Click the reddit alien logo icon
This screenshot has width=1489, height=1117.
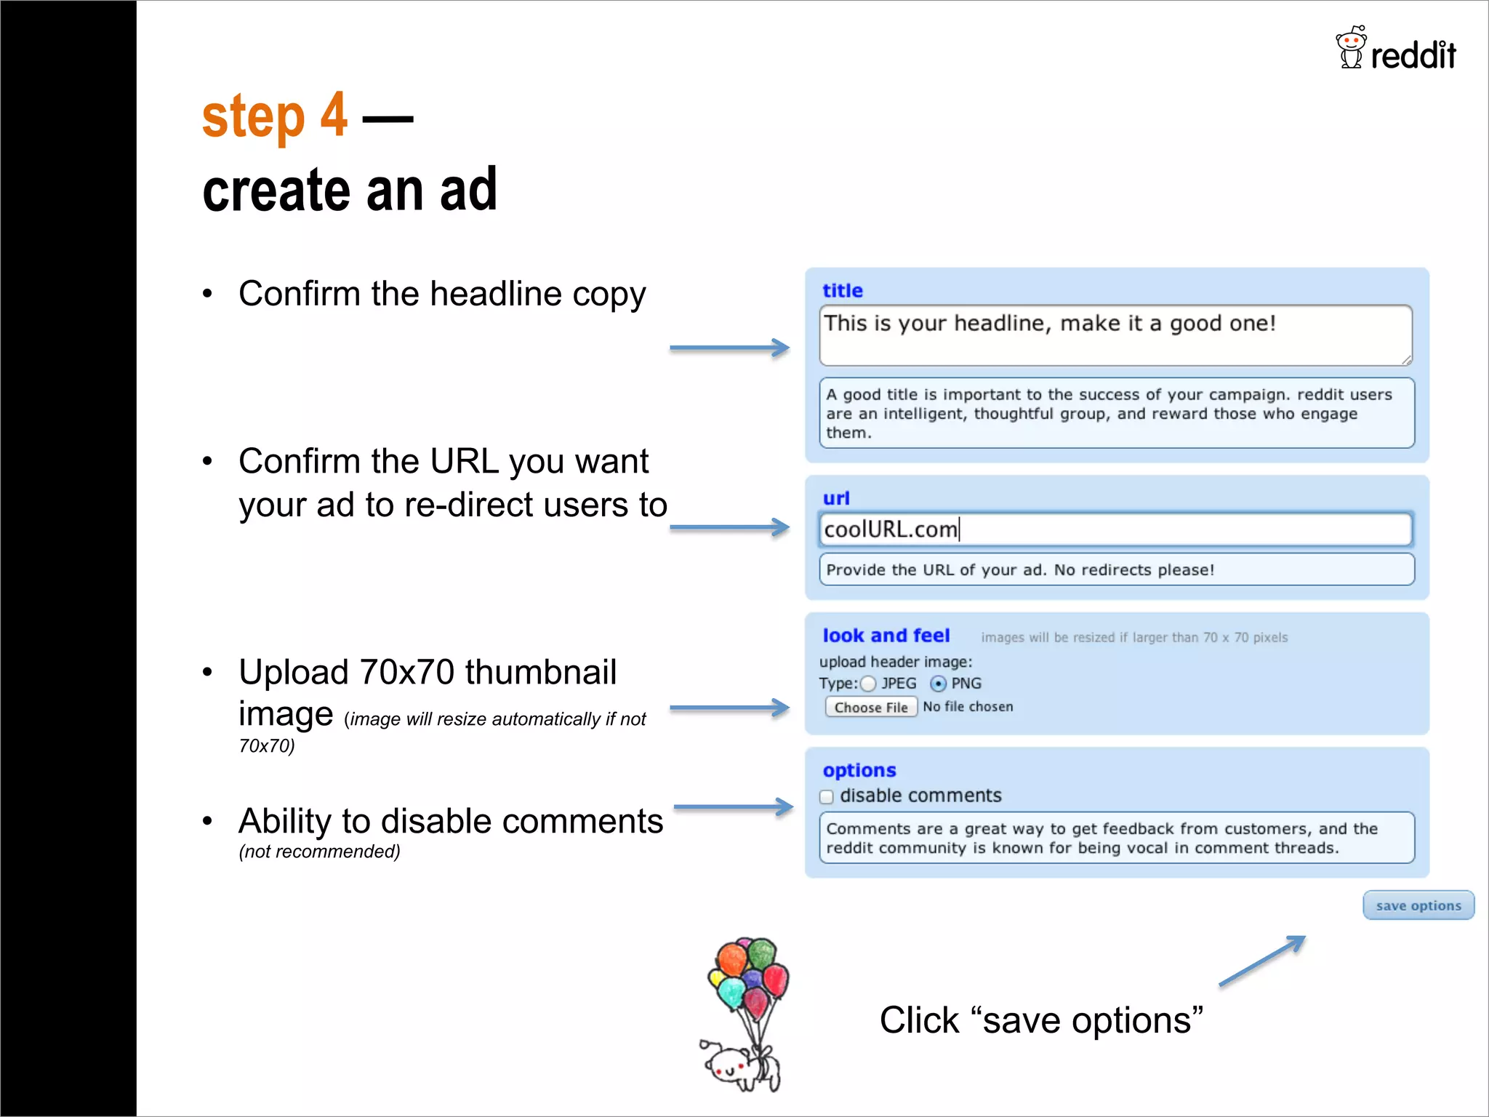point(1350,47)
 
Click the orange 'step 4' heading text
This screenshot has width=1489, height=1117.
point(274,116)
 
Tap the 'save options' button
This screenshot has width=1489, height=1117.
point(1418,905)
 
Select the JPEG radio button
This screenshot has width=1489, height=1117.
point(868,684)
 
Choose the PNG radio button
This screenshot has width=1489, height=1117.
point(938,684)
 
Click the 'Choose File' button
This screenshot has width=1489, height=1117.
point(870,707)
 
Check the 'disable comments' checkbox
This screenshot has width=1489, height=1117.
point(827,796)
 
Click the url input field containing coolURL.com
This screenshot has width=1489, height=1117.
point(1115,529)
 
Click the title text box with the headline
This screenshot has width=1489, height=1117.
point(1115,335)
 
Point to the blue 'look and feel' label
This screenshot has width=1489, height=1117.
point(886,636)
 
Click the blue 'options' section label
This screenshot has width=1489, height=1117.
point(859,770)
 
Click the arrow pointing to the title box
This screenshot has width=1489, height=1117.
point(729,348)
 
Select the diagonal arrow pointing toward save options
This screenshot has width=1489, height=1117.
point(1262,961)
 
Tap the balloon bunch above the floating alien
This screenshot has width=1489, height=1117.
point(749,974)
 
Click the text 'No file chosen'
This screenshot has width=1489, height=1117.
point(968,707)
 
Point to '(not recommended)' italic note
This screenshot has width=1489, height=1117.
point(319,852)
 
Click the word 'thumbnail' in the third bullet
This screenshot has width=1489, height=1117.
point(541,672)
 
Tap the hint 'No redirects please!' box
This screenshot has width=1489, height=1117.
point(1116,569)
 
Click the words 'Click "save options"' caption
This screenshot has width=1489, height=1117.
point(1040,1020)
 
